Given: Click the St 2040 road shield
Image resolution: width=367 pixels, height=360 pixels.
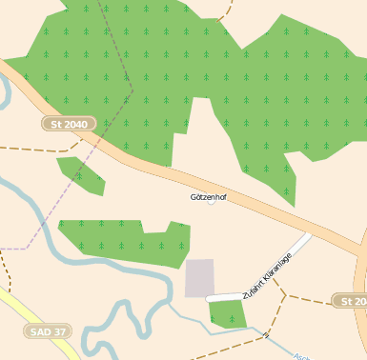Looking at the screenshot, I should [x=70, y=124].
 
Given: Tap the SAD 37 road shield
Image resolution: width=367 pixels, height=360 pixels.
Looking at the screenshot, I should [x=48, y=331].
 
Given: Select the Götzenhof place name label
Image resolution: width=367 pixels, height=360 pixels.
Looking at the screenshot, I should [x=209, y=196].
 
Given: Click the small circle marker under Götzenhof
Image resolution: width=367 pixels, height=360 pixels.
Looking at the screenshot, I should [x=211, y=201].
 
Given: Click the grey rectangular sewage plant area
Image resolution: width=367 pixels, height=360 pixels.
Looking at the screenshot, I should [x=199, y=277].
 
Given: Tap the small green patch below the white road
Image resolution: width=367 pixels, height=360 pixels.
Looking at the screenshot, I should [x=227, y=313].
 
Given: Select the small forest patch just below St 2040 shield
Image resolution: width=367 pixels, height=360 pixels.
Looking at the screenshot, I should [x=81, y=174].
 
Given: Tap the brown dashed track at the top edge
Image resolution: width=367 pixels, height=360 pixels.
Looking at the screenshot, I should [x=225, y=11].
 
